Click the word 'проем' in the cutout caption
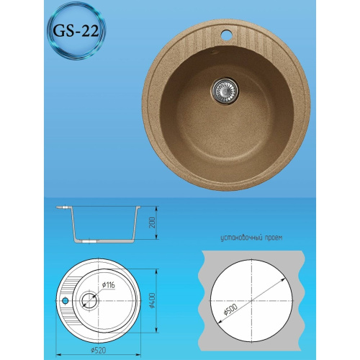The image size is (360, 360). coord(270,236)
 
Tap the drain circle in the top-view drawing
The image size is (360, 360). coord(89,301)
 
